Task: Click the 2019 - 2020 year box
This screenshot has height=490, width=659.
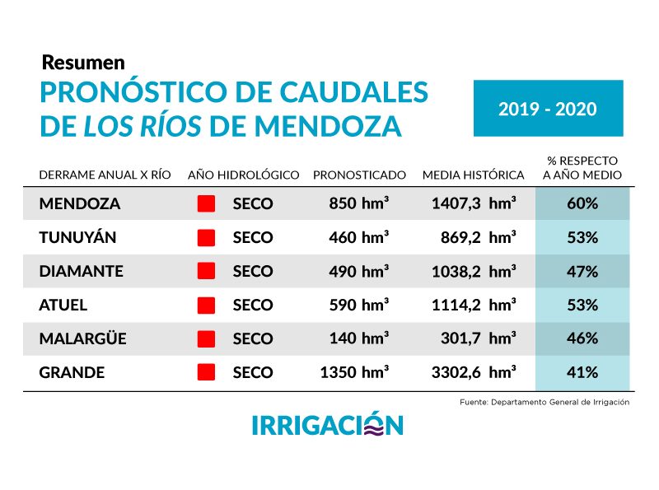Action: click(548, 108)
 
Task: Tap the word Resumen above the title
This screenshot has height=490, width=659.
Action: click(82, 62)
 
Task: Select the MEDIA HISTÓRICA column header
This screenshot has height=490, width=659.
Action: click(473, 175)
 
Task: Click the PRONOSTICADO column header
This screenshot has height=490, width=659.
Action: click(359, 175)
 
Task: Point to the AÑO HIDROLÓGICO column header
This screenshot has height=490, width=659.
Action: click(243, 175)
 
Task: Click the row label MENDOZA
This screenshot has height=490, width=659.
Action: click(79, 203)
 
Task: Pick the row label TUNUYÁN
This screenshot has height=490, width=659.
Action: click(77, 237)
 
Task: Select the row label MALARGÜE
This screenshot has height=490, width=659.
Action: click(82, 338)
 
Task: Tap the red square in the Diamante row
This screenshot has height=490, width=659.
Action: click(206, 271)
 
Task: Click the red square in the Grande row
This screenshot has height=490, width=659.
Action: click(206, 372)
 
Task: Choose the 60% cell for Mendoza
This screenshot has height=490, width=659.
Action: click(582, 203)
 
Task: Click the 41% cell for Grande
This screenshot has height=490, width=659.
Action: click(582, 372)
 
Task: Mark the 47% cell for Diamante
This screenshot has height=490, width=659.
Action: click(582, 271)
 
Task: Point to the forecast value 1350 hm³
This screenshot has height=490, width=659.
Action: click(354, 372)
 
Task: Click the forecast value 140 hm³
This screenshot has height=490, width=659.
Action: click(359, 338)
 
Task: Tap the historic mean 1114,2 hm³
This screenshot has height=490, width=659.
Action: click(474, 305)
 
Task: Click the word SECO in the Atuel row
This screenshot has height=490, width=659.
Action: click(252, 305)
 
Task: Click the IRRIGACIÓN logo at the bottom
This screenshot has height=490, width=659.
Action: click(327, 425)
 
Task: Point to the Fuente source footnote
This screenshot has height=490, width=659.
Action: click(544, 402)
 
